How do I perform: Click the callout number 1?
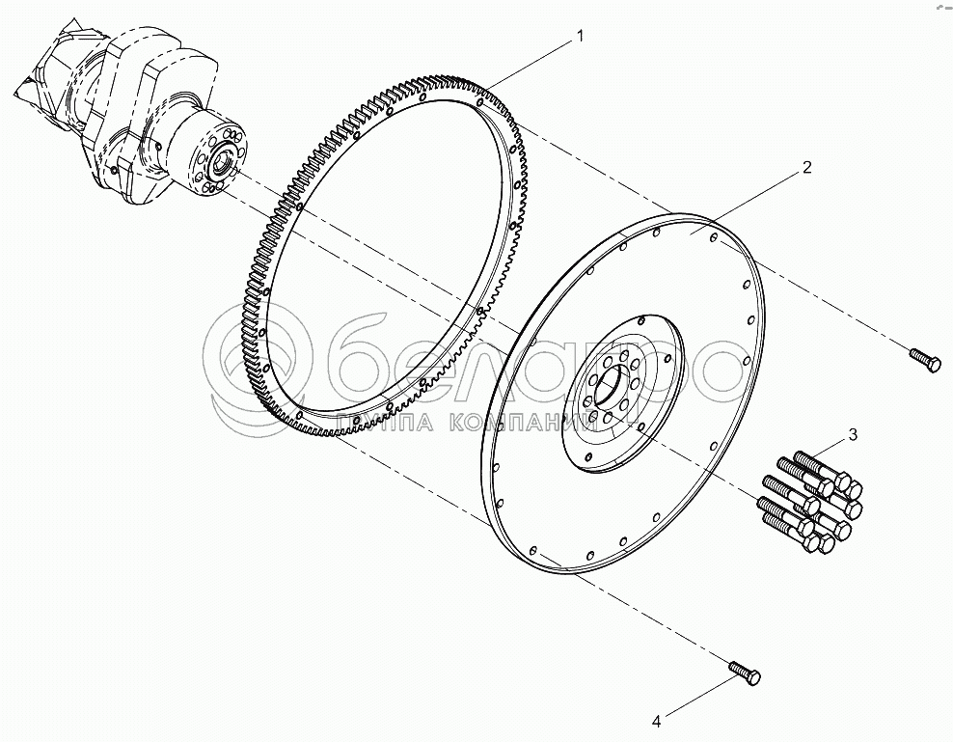pos(579,36)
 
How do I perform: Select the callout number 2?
pos(806,167)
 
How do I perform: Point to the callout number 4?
pos(656,720)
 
